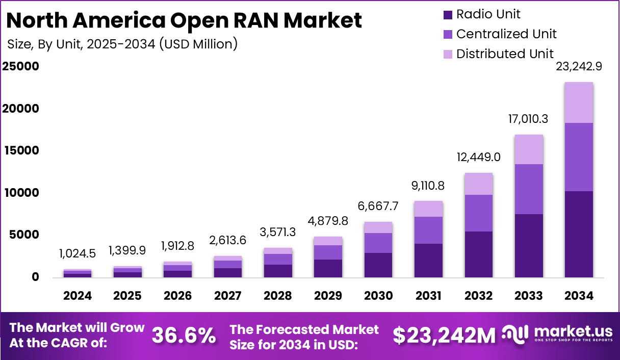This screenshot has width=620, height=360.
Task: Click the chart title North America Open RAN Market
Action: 185,20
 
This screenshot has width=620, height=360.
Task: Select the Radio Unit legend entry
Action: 488,14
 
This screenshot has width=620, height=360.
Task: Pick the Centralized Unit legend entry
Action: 506,34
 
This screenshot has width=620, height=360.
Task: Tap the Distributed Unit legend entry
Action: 504,54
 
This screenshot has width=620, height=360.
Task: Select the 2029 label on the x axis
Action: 327,296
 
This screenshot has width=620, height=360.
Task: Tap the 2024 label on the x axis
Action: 77,296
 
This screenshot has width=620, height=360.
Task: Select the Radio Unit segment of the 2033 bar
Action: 528,246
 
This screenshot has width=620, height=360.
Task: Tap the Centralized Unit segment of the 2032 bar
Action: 478,213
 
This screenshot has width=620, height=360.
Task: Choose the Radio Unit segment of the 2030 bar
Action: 378,265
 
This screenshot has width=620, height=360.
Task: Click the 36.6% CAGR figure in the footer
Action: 184,336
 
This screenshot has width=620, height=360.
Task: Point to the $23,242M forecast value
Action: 444,336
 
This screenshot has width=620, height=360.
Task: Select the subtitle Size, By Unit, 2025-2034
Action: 122,44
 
